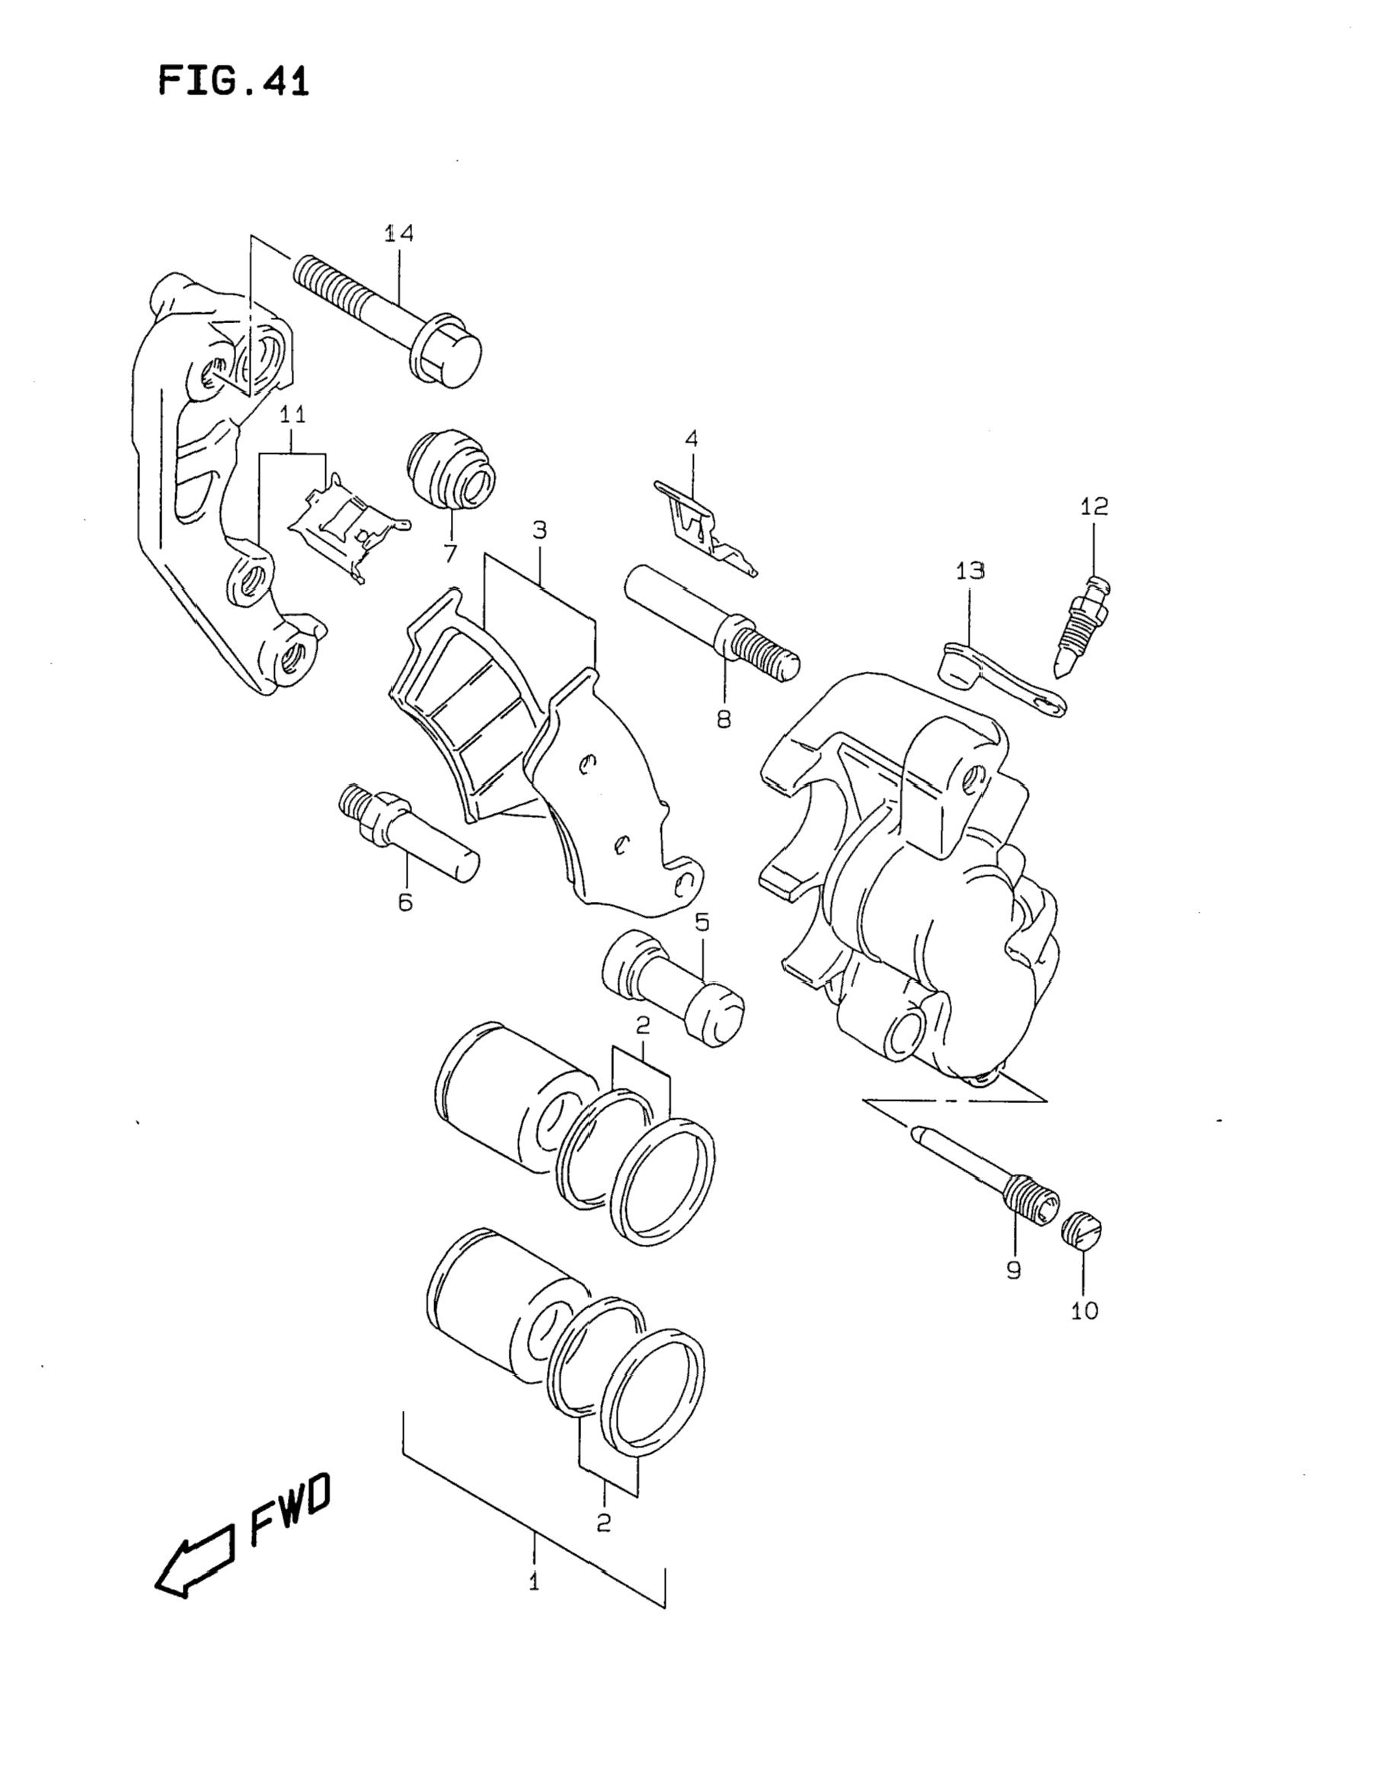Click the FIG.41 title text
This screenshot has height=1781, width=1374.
click(234, 82)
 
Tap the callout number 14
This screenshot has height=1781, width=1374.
click(400, 233)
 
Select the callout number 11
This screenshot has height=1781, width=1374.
click(292, 414)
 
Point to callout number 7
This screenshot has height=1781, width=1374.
click(450, 554)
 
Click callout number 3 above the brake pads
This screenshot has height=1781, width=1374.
click(540, 530)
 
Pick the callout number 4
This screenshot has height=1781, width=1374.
click(692, 439)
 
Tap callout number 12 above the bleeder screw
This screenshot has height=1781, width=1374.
click(1094, 507)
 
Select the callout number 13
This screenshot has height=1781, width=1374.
click(970, 571)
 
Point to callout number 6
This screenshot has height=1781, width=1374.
click(405, 902)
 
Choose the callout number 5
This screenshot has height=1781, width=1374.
click(702, 922)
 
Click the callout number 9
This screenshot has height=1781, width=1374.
click(1014, 1270)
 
